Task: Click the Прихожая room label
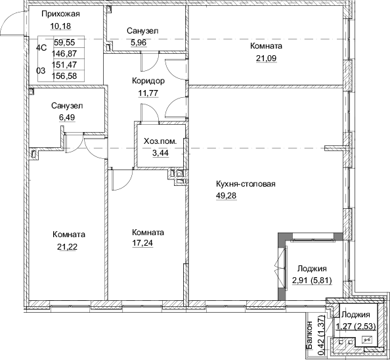pos(60,14)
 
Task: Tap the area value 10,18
pos(60,26)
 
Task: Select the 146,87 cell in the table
pos(64,53)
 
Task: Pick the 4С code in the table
pos(41,47)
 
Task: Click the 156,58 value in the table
pos(64,76)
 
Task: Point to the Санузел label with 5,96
pos(142,31)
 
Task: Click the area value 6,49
pos(67,117)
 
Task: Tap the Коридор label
pos(148,81)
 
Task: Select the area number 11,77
pos(148,93)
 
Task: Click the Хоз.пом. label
pos(160,141)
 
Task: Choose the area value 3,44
pos(160,153)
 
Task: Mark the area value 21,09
pos(266,58)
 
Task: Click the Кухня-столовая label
pos(246,184)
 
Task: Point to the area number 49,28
pos(226,196)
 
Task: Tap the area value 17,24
pos(142,243)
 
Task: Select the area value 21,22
pos(67,246)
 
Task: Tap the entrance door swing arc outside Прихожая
pos(11,20)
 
